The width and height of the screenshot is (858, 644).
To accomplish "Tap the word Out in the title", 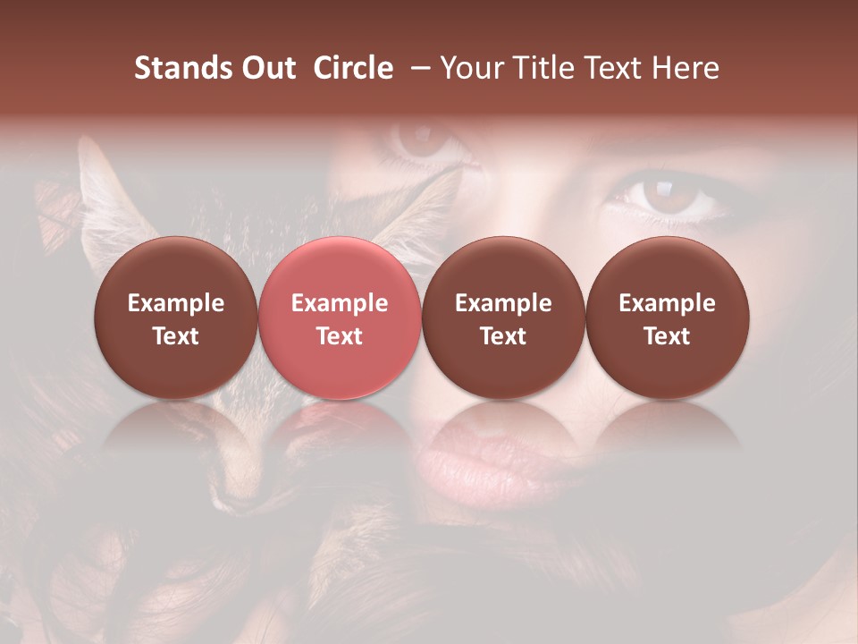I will [x=265, y=68].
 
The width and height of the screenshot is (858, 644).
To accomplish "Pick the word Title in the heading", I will [x=542, y=68].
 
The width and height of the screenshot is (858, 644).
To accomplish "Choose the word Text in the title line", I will [x=612, y=68].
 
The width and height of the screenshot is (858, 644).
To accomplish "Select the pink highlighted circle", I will [x=339, y=318].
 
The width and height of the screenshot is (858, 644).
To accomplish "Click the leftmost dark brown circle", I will [x=175, y=318].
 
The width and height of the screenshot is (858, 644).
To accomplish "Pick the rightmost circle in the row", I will [x=667, y=318].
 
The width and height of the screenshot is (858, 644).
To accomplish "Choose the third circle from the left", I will [x=503, y=318].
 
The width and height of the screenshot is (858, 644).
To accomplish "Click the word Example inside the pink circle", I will [x=340, y=303].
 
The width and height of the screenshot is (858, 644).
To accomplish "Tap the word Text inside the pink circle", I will [x=340, y=336].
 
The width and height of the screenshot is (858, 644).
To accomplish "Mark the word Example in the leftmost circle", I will [x=176, y=303].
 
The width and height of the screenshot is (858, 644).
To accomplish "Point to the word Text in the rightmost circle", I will [x=667, y=336].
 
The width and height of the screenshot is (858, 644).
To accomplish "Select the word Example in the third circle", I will [x=503, y=303].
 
